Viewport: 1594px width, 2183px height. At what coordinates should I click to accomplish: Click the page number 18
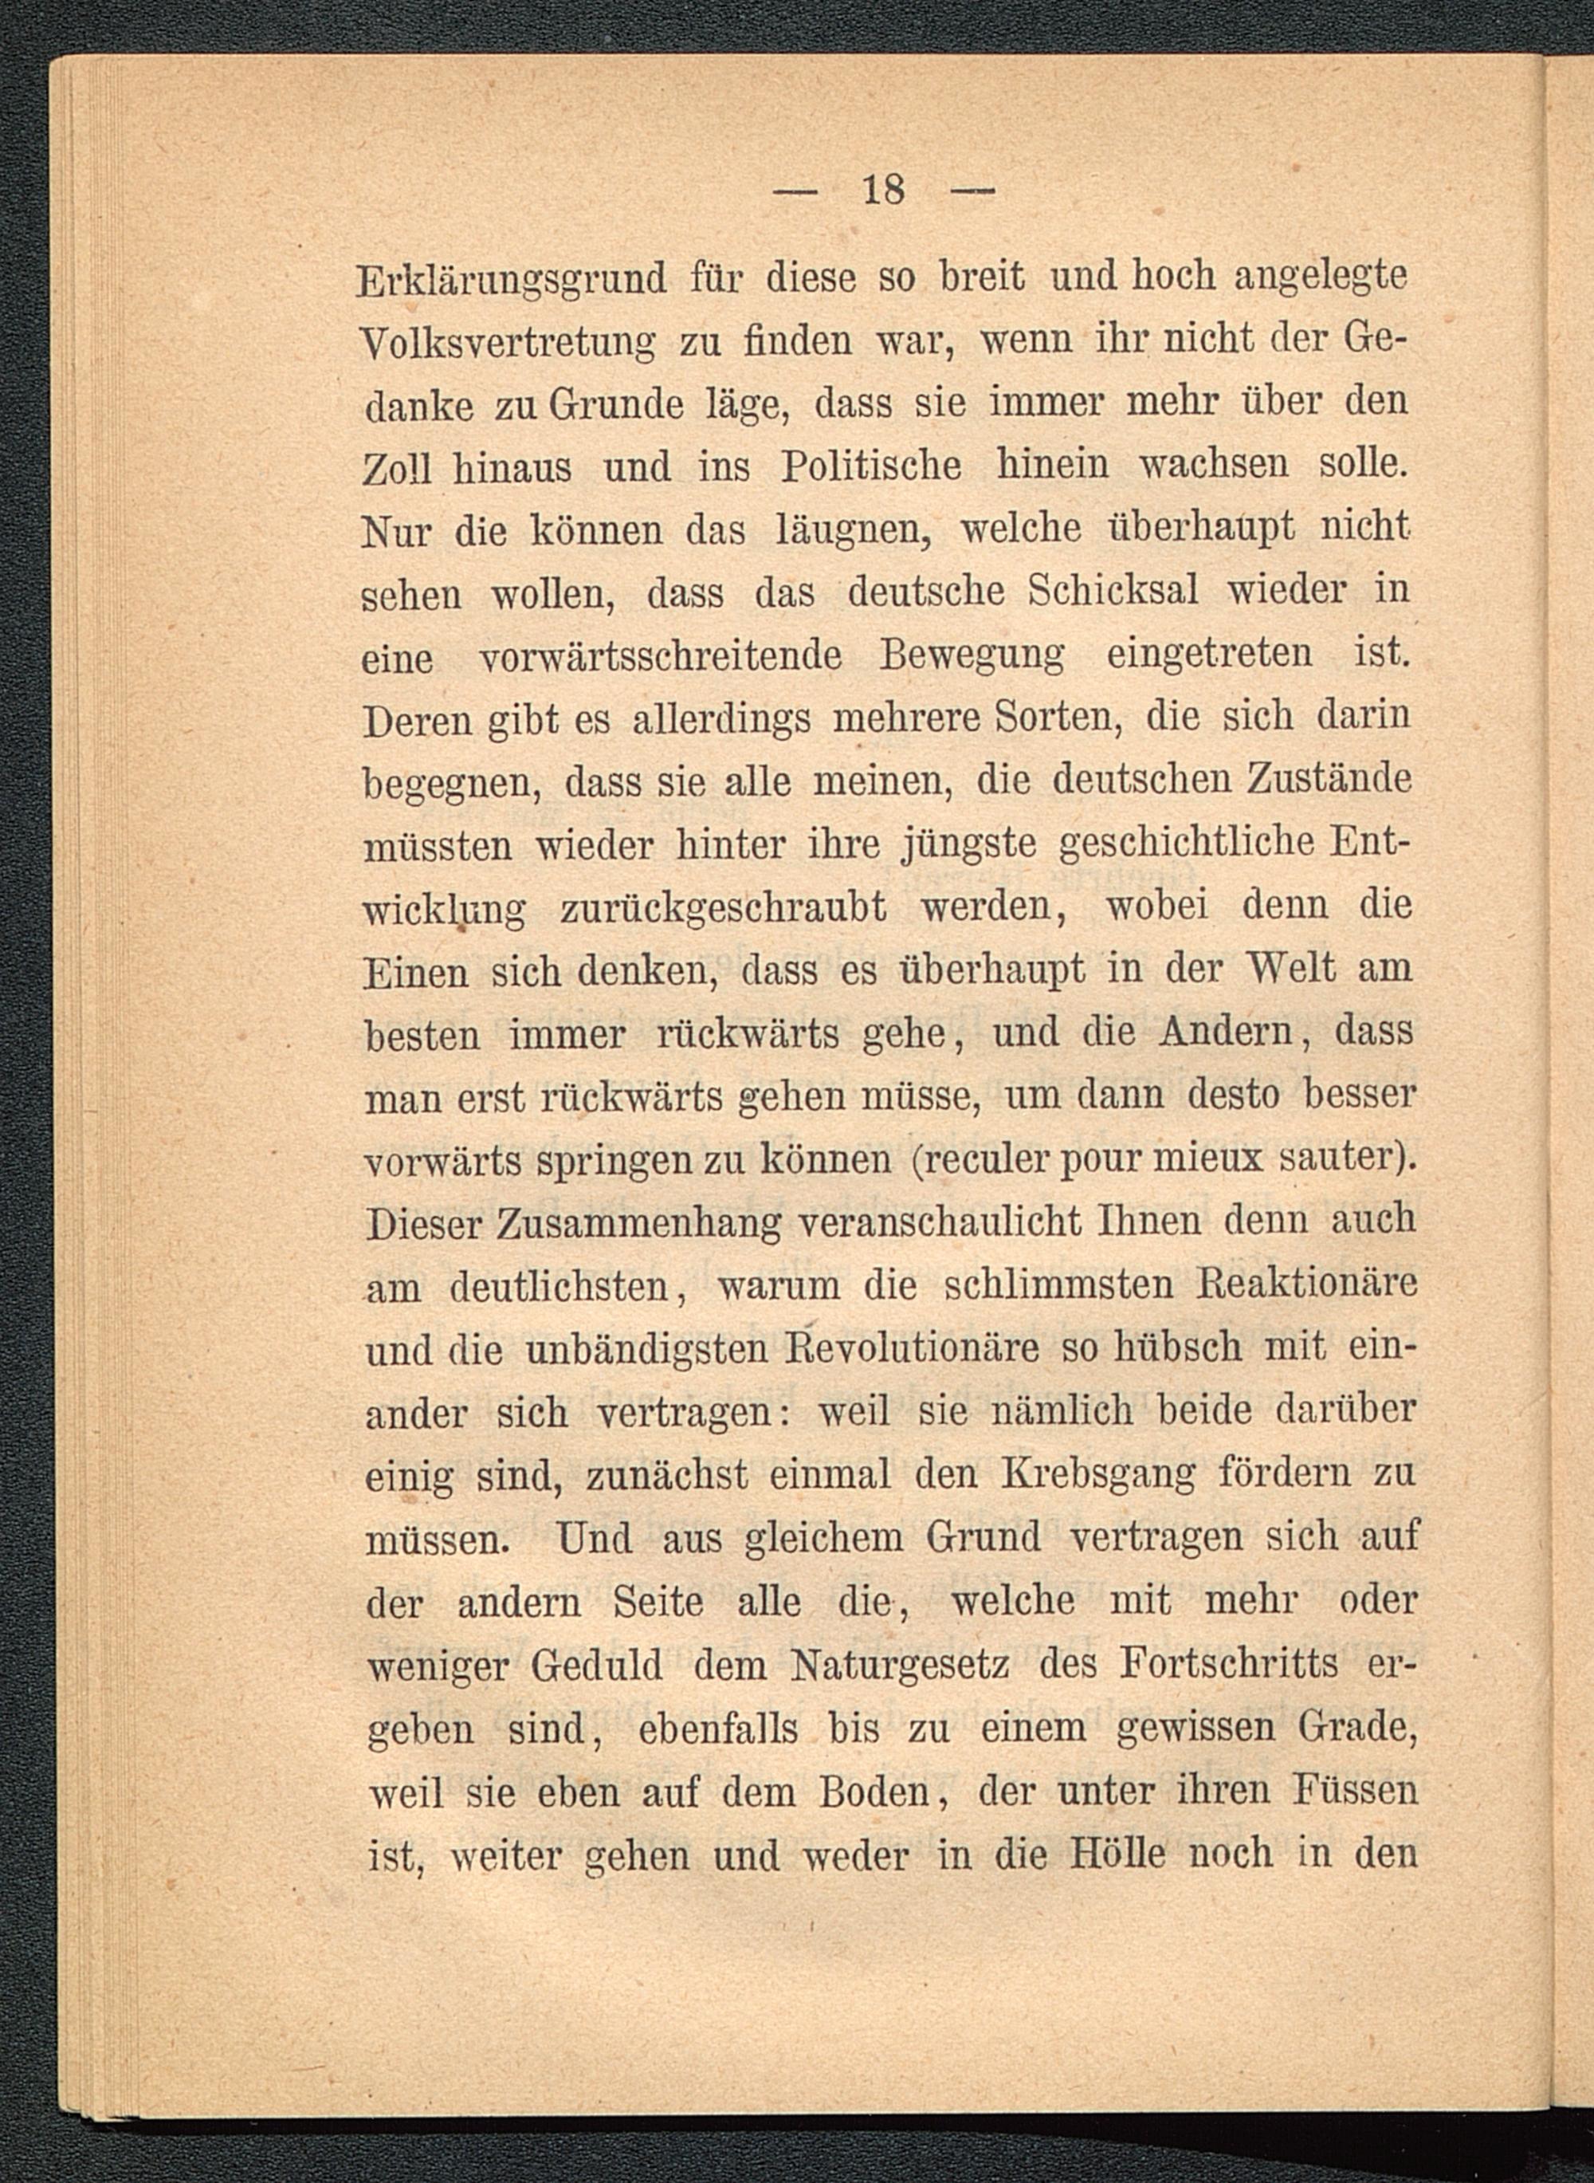point(884,189)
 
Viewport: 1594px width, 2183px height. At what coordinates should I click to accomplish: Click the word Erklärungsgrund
point(512,280)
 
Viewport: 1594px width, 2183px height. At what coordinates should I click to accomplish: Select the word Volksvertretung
point(508,343)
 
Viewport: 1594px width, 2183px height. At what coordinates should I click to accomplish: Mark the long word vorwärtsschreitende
point(661,656)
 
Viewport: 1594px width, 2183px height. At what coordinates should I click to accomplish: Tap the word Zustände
point(1329,780)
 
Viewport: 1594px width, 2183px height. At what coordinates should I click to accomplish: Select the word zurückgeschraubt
point(723,908)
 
